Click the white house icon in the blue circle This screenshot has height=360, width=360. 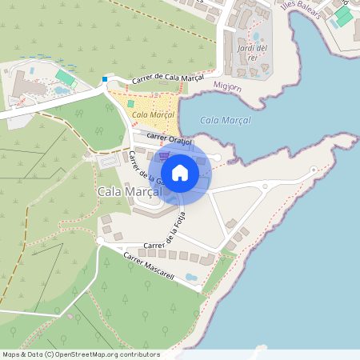pos(180,172)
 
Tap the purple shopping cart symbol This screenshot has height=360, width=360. pos(164,157)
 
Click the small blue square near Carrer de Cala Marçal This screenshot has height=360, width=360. pos(105,79)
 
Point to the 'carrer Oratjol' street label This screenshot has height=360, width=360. pos(170,139)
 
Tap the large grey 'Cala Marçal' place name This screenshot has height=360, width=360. pos(130,192)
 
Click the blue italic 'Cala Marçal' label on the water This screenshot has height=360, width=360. pos(225,120)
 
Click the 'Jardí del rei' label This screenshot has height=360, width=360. pos(253,54)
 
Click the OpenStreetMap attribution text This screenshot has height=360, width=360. pos(81,354)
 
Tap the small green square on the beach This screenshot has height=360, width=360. pos(131,103)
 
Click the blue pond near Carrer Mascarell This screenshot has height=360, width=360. pos(191,277)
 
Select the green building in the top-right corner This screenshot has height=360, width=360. pos(344,16)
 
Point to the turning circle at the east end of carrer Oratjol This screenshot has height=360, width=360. pos(210,147)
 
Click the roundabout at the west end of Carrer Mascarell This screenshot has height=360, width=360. pos(100,240)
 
